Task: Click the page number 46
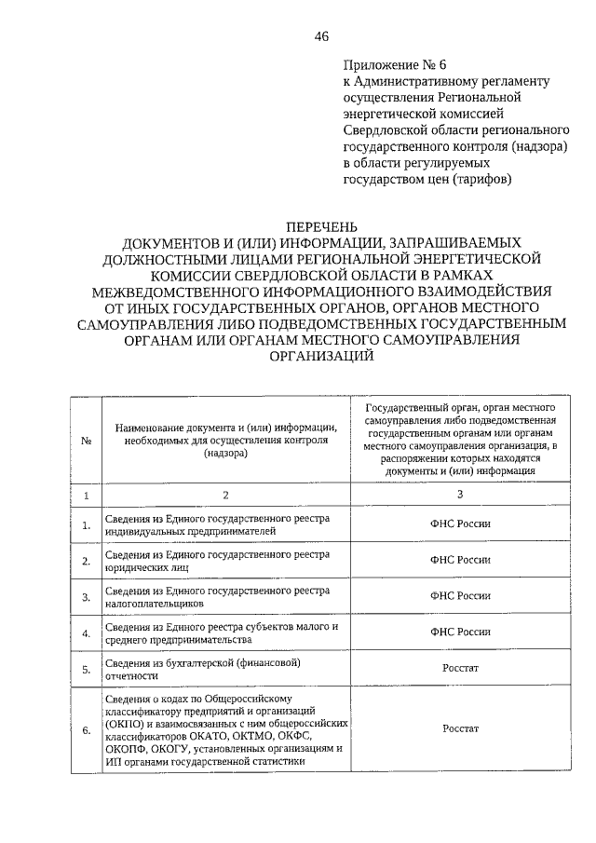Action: pyautogui.click(x=321, y=36)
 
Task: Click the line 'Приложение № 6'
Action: pyautogui.click(x=396, y=64)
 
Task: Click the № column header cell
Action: pyautogui.click(x=86, y=442)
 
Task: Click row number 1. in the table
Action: pyautogui.click(x=86, y=525)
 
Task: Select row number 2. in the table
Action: pyautogui.click(x=86, y=562)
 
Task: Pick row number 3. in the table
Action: pyautogui.click(x=86, y=598)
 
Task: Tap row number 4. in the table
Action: pyautogui.click(x=86, y=634)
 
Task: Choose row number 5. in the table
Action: pyautogui.click(x=86, y=670)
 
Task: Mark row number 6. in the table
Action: pyautogui.click(x=86, y=730)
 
